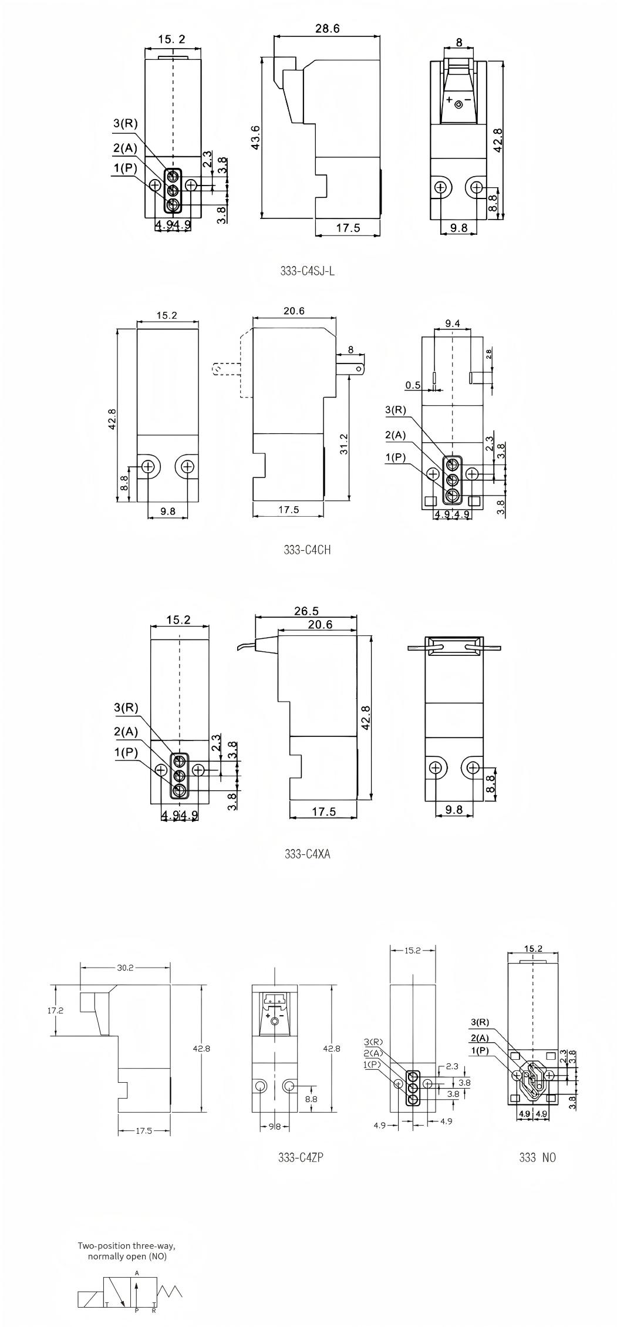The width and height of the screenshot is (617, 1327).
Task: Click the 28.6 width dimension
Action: [327, 29]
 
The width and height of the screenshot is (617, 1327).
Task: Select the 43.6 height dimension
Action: [256, 137]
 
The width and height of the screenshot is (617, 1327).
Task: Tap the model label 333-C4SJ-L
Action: [308, 271]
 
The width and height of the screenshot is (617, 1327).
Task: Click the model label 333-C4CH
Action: [307, 550]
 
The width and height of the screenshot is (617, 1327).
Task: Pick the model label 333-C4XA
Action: [307, 854]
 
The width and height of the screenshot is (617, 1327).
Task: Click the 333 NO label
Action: [537, 1157]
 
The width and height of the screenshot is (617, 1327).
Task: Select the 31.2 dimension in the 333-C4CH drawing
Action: [344, 444]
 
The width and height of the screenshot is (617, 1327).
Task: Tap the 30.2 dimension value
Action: [124, 968]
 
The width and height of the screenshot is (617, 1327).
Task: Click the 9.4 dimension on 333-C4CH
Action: [453, 323]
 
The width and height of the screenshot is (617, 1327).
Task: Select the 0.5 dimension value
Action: [413, 385]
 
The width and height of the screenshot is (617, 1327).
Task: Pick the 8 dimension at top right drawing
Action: [458, 42]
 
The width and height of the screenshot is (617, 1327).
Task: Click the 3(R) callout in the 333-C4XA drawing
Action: [126, 708]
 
